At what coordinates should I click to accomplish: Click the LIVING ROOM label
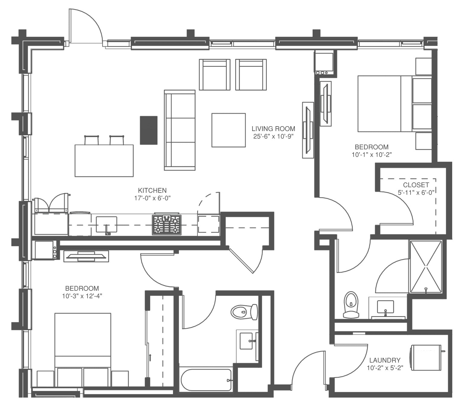pos(273,129)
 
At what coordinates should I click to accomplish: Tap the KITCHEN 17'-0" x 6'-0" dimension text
pos(152,198)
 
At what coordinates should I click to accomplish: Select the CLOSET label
pos(416,185)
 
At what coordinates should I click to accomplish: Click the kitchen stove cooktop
pos(167,225)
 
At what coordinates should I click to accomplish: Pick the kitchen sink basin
pos(107,224)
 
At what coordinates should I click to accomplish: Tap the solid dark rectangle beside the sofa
pos(149,130)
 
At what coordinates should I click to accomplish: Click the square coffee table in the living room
pos(229,130)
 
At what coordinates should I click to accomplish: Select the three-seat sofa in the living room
pos(180,130)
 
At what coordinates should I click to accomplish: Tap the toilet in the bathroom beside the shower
pos(351,305)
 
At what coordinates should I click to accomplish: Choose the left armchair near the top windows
pos(215,75)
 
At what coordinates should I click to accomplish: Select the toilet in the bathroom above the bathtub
pos(244,312)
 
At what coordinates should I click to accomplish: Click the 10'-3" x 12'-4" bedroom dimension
pos(82,296)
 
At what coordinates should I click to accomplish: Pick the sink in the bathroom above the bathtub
pos(246,341)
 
